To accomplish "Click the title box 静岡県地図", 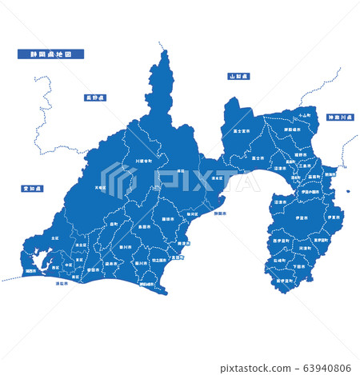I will tap(50, 55).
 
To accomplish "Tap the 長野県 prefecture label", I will tap(96, 98).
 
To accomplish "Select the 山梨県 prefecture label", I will tap(238, 77).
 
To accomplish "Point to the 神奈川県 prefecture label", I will tap(339, 118).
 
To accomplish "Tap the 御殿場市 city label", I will tap(282, 132).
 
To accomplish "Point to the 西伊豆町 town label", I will tap(282, 241).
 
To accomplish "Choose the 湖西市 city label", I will tap(30, 271).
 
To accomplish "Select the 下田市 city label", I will tap(300, 267).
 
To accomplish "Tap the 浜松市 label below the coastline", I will tap(62, 283).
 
